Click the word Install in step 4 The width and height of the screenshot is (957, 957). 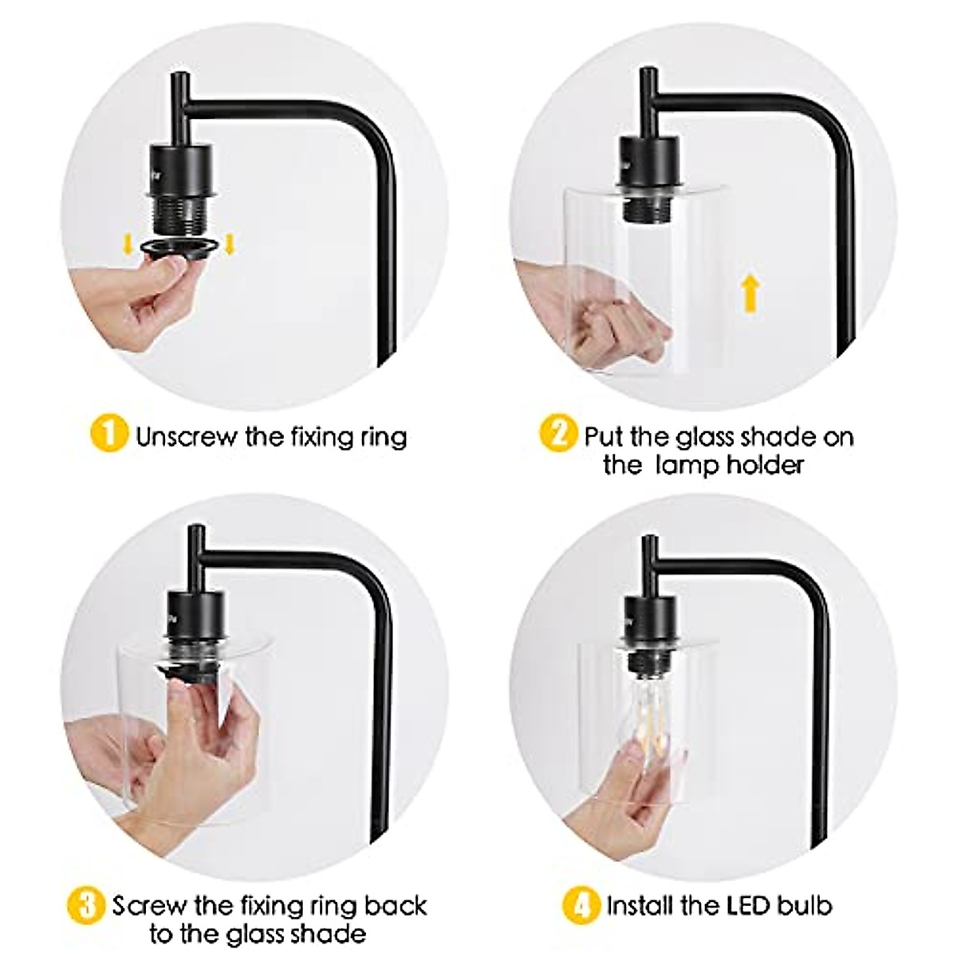[x=642, y=883]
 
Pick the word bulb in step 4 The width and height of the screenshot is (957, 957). [x=805, y=883]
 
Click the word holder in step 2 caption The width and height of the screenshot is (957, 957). [x=764, y=465]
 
